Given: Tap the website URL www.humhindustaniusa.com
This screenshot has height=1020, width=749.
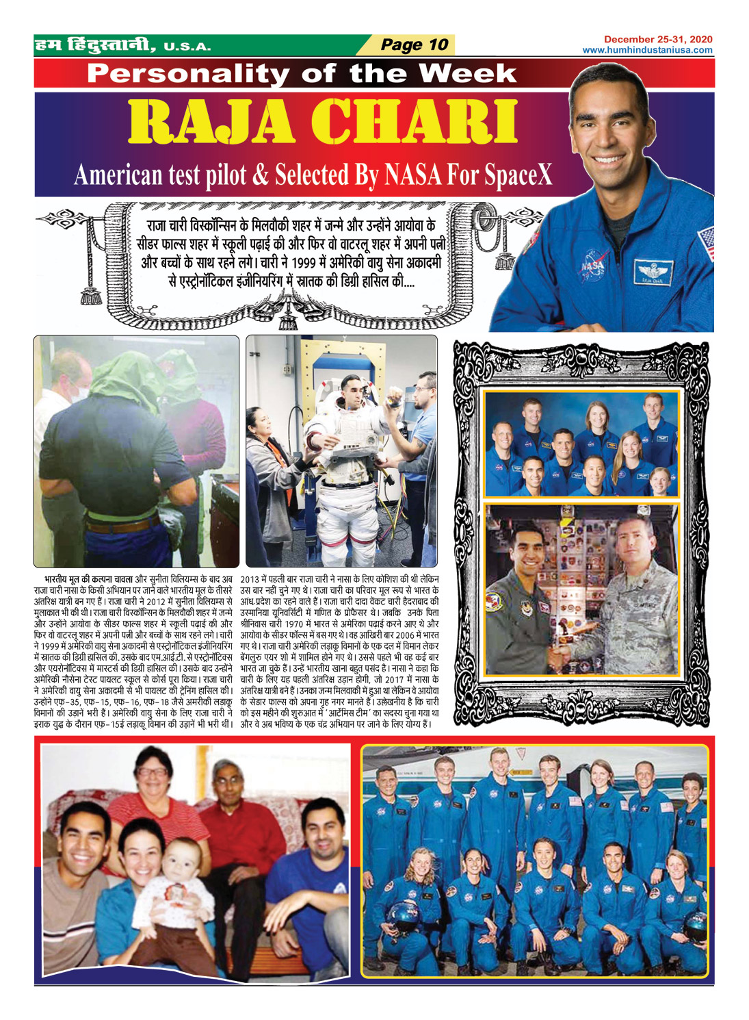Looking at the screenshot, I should point(647,50).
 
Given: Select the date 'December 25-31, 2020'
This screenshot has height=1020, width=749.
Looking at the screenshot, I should point(657,40).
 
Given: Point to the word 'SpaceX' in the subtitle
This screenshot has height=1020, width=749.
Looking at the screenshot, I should point(517,175).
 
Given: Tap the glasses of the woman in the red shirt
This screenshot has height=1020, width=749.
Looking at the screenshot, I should point(151,772).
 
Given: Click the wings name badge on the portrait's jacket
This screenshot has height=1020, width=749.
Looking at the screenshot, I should point(651,272).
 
